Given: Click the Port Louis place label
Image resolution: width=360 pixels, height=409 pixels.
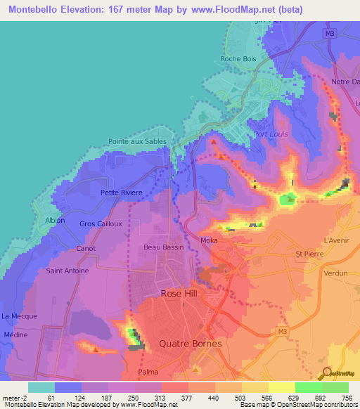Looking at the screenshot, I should [x=271, y=134].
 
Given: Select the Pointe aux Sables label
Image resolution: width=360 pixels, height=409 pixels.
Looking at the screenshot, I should [x=137, y=141].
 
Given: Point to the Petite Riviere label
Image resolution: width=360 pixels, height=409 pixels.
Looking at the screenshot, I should [x=122, y=193].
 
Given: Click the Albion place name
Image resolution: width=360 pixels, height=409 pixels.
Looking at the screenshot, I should [x=55, y=220].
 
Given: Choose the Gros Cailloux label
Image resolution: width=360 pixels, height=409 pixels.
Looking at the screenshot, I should [x=102, y=223].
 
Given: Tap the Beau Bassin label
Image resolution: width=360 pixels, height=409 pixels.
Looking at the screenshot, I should [x=163, y=247].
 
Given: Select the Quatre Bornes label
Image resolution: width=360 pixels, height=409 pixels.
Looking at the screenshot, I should [x=191, y=344].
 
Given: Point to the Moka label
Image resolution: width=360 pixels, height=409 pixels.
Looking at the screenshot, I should [x=209, y=241].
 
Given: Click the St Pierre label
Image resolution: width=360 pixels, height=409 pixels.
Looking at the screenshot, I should [x=308, y=254].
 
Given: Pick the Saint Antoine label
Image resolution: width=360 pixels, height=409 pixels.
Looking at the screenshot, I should [x=67, y=271].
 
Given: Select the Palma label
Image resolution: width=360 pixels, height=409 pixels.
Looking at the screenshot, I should [x=148, y=372].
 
